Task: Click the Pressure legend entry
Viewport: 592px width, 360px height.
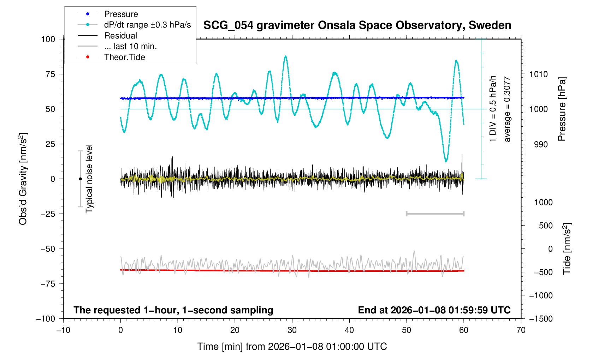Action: click(x=121, y=14)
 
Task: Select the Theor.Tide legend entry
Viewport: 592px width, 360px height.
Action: click(x=124, y=57)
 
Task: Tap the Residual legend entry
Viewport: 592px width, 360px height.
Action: click(x=120, y=36)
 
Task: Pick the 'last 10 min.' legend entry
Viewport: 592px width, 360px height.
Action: click(x=130, y=46)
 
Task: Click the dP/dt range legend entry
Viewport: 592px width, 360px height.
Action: click(x=147, y=25)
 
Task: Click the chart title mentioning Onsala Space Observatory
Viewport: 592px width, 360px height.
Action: click(x=357, y=25)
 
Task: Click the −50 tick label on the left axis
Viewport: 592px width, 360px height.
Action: click(x=48, y=249)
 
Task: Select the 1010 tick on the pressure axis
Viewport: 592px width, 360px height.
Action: click(x=538, y=74)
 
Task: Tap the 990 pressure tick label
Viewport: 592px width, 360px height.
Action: click(x=538, y=144)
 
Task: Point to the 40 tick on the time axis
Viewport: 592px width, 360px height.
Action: click(x=349, y=330)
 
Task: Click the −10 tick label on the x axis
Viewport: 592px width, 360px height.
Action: click(x=63, y=330)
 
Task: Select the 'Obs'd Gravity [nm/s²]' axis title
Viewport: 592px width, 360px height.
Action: click(x=23, y=179)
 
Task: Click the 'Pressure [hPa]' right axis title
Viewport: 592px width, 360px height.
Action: click(x=562, y=109)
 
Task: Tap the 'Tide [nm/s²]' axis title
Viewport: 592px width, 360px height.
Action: click(x=567, y=248)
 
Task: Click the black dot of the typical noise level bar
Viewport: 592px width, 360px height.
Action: click(x=80, y=179)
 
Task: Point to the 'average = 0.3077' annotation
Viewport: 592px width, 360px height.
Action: click(x=507, y=109)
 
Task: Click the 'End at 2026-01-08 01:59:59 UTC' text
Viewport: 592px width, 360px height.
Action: click(x=434, y=310)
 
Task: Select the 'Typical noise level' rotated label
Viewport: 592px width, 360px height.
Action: click(x=89, y=179)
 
